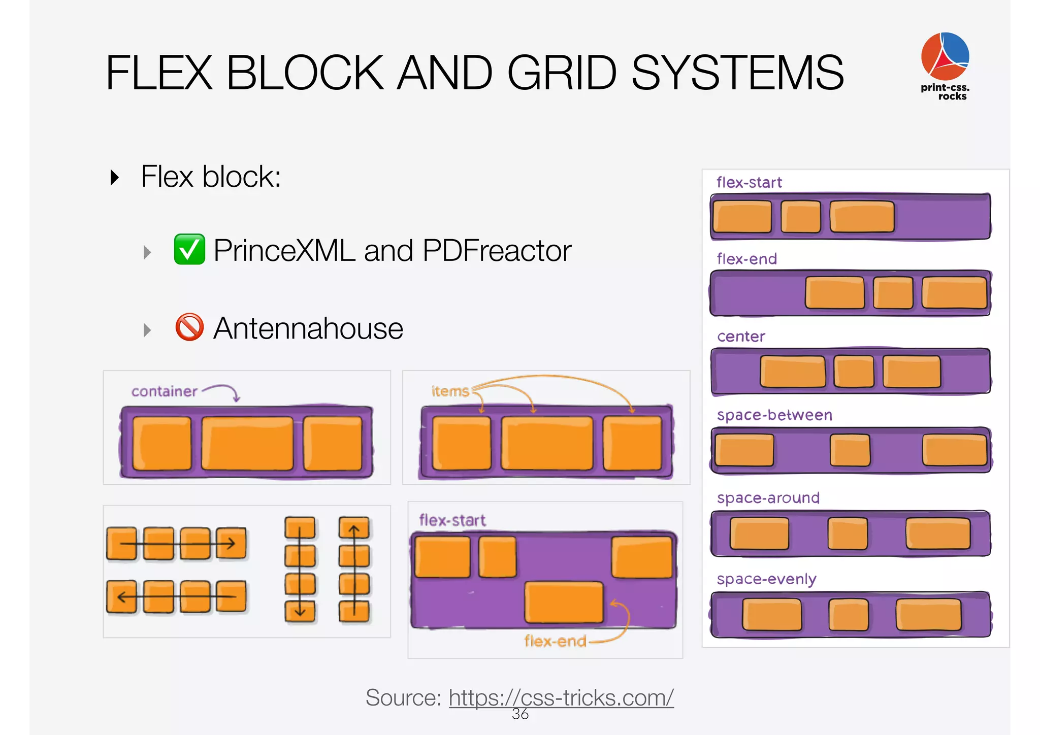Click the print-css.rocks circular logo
coord(945,56)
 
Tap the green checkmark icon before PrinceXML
coord(189,249)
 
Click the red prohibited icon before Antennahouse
coord(189,327)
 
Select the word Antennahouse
coord(308,328)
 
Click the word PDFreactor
coord(497,251)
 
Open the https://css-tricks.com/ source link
coord(561,697)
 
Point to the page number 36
coord(520,714)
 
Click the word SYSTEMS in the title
coord(737,73)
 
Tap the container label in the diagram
coord(164,391)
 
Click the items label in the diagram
coord(450,391)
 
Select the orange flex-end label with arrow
coord(555,641)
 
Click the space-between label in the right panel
coord(774,415)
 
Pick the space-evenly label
coord(766,579)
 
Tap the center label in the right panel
coord(741,337)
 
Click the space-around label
coord(768,498)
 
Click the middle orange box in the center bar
coord(854,372)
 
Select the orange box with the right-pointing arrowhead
coord(231,543)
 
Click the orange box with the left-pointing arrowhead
coord(121,596)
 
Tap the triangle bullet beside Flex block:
coord(115,177)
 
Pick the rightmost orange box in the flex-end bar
coord(954,293)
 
